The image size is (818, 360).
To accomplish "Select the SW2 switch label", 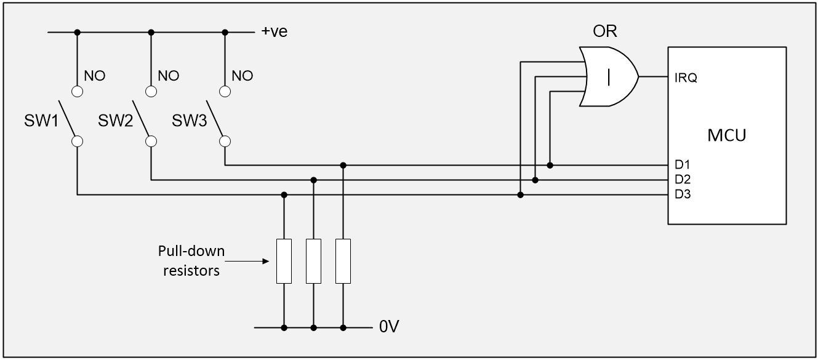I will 116,120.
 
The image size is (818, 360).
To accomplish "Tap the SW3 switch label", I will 190,120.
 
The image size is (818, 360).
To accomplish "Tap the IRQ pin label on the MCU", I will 686,78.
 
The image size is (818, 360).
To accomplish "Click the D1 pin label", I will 681,166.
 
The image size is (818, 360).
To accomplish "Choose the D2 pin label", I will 681,180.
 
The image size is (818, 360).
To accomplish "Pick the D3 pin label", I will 681,195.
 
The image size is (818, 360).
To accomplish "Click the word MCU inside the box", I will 726,135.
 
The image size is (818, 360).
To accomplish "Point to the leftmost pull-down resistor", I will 284,261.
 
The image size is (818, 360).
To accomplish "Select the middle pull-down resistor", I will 314,261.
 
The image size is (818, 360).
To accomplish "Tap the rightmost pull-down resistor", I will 343,261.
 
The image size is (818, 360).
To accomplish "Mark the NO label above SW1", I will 95,76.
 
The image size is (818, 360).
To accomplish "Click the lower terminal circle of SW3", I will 225,142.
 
